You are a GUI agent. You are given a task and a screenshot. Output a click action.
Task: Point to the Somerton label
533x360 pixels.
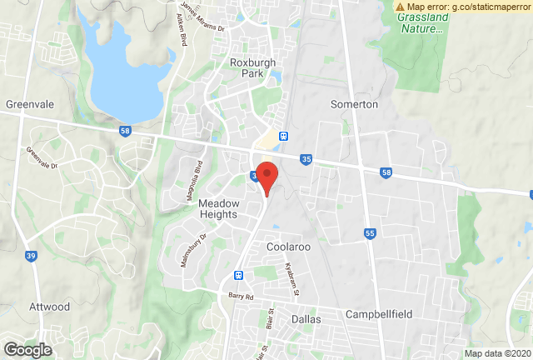354,104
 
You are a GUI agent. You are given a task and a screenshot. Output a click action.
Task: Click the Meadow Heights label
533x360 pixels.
219,209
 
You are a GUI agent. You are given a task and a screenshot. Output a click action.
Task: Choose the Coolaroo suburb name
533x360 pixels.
288,247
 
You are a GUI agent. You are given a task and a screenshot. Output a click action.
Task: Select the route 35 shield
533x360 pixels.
306,157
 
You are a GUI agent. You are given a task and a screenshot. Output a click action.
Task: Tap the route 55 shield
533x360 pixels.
369,234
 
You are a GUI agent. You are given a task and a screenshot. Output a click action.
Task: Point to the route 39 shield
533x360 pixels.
31,255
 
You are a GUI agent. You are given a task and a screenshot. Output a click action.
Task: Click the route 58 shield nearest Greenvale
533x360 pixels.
125,131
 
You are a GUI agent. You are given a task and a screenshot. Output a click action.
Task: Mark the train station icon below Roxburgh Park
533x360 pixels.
284,135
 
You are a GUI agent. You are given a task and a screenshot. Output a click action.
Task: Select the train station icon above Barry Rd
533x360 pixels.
239,275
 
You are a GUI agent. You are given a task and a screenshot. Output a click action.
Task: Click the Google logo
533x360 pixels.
27,349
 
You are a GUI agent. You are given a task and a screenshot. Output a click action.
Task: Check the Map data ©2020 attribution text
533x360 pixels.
497,352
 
